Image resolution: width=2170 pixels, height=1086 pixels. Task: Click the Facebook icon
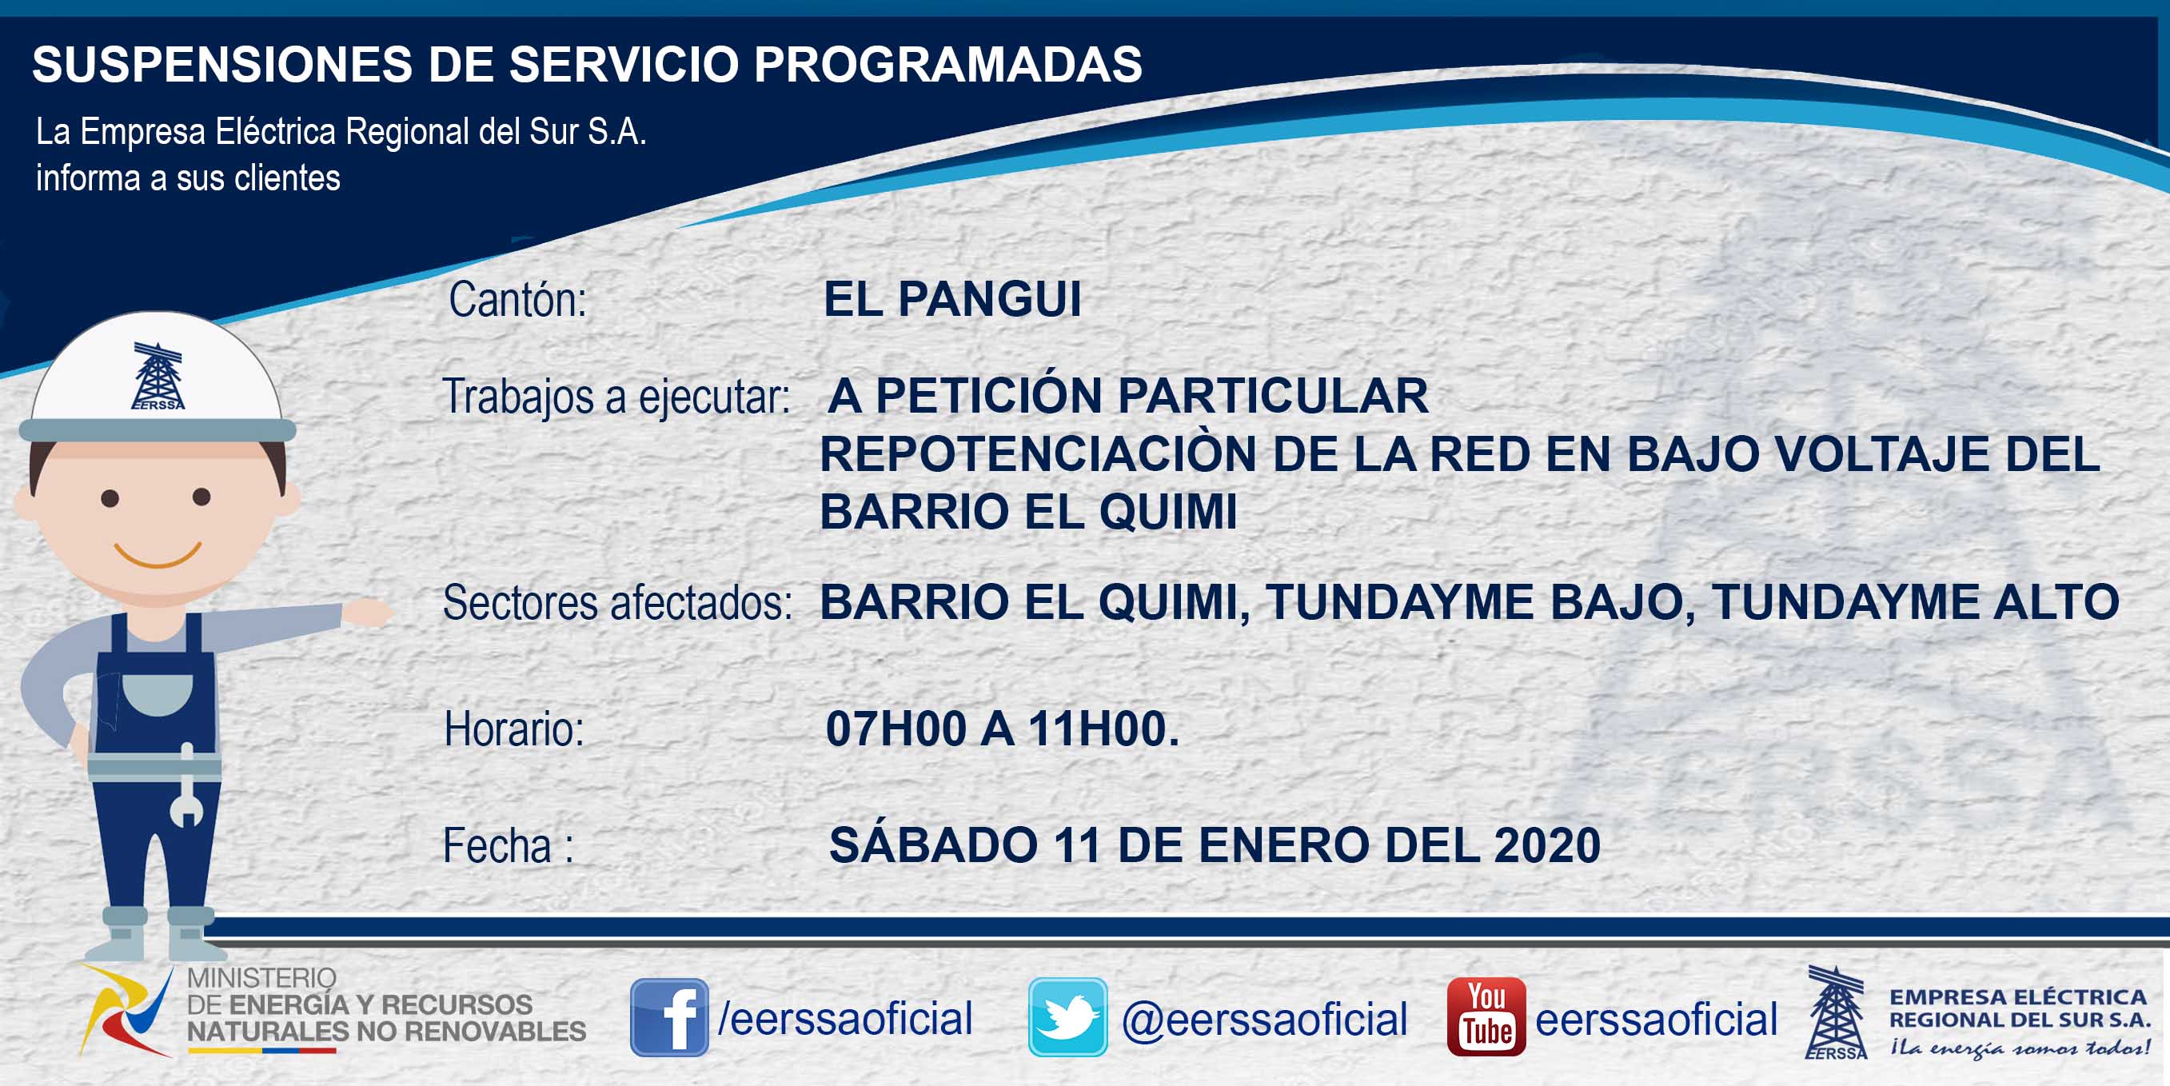click(670, 1017)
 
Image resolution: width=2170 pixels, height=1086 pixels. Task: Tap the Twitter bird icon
click(1067, 1017)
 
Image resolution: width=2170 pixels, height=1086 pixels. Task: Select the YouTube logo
click(1486, 1017)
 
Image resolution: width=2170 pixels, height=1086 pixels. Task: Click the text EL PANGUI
click(952, 299)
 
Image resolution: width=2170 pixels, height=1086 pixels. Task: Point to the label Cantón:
click(517, 300)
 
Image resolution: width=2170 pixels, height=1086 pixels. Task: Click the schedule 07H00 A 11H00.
click(1003, 729)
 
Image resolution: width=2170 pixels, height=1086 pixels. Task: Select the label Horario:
click(514, 729)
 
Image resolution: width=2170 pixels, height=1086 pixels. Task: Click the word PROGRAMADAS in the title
click(947, 64)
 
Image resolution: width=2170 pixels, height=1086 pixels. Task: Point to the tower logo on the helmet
click(158, 377)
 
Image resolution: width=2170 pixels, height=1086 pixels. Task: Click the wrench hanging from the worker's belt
click(186, 785)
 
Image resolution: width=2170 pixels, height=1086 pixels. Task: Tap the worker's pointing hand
click(367, 613)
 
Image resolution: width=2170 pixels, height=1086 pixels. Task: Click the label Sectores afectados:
click(617, 603)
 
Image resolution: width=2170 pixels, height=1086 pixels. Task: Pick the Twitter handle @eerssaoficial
click(1264, 1020)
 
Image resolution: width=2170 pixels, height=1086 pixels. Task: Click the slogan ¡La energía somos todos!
click(2019, 1048)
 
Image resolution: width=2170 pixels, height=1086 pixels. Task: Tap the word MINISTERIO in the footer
click(261, 978)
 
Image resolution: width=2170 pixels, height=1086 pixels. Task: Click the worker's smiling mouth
click(158, 553)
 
